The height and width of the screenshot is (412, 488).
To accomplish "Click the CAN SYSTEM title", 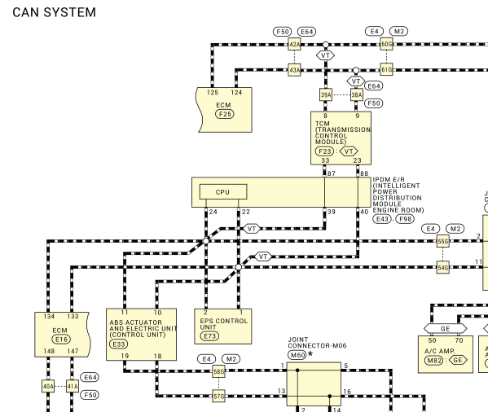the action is (x=54, y=12).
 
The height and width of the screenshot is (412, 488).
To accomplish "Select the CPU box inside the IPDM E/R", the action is (x=223, y=192).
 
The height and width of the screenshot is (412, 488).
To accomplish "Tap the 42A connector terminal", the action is (x=294, y=45).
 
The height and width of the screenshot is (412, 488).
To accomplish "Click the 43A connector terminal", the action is (x=294, y=70).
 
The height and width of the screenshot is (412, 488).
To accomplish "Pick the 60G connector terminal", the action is (x=386, y=45).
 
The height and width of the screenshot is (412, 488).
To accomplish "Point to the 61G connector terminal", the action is (x=386, y=69).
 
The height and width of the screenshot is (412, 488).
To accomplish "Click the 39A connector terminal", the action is (x=326, y=94).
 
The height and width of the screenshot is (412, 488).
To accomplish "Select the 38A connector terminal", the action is (x=357, y=94).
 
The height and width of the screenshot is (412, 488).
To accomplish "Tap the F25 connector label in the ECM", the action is (x=225, y=114).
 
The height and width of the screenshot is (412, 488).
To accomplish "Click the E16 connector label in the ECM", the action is (x=61, y=340).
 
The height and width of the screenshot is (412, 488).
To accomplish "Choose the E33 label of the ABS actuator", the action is (x=119, y=344).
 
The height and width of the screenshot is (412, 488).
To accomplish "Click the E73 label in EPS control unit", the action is (x=209, y=336).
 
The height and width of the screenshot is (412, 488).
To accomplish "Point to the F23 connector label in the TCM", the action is (x=324, y=151).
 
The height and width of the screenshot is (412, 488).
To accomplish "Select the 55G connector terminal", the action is (x=443, y=241).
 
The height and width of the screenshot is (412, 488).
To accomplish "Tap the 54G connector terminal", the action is (x=443, y=267).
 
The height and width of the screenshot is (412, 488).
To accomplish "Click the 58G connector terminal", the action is (x=219, y=371).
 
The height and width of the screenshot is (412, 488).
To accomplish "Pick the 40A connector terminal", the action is (x=48, y=386).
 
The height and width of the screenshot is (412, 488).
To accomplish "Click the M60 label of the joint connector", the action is (x=297, y=355).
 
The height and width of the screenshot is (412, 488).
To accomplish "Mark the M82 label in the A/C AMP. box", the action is (x=433, y=361).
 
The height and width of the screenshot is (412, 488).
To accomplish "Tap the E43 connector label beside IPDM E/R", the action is (x=382, y=219).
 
